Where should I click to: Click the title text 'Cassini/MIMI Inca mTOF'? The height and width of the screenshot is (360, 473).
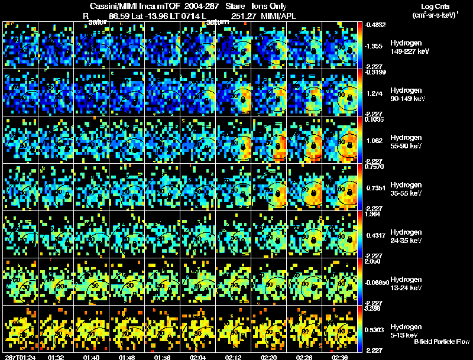(x=135, y=5)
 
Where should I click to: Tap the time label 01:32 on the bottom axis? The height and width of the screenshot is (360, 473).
(x=56, y=357)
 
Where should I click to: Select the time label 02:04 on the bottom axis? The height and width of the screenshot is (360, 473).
(x=199, y=357)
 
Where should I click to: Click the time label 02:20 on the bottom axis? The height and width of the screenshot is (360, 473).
(x=270, y=357)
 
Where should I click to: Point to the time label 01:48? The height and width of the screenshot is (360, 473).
(x=128, y=357)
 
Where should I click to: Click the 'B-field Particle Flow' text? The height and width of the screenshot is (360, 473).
(x=442, y=342)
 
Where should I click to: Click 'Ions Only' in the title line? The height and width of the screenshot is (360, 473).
(x=270, y=5)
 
